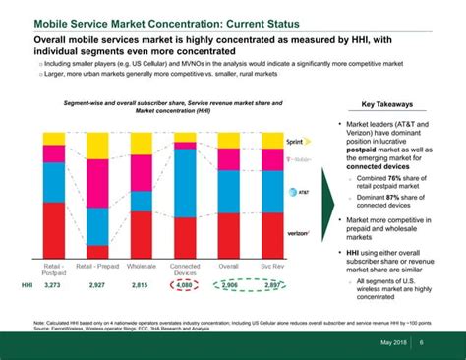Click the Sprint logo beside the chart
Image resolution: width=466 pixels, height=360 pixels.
pyautogui.click(x=299, y=142)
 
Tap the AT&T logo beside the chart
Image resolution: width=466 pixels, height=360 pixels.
pyautogui.click(x=301, y=194)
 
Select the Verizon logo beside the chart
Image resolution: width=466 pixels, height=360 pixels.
pyautogui.click(x=299, y=234)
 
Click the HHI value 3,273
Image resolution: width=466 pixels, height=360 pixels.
pyautogui.click(x=53, y=285)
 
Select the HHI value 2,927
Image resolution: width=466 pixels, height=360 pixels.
pyautogui.click(x=96, y=285)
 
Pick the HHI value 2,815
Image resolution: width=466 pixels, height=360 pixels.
pyautogui.click(x=140, y=285)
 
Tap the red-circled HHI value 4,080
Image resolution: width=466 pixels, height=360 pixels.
pyautogui.click(x=185, y=285)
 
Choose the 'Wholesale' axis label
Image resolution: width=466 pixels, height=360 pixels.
pyautogui.click(x=141, y=266)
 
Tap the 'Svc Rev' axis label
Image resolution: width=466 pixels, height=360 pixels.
pyautogui.click(x=272, y=266)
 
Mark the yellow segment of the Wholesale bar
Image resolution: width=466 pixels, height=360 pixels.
pyautogui.click(x=141, y=144)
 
